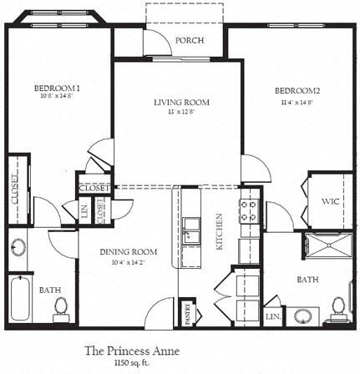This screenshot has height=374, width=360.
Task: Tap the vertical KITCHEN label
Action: pos(219,231)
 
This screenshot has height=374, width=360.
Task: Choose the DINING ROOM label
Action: pos(129,252)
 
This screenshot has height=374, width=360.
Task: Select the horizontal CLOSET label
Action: pos(92,188)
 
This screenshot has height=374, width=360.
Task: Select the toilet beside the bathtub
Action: pos(59,308)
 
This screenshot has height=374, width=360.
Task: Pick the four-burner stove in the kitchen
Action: pos(248,210)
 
